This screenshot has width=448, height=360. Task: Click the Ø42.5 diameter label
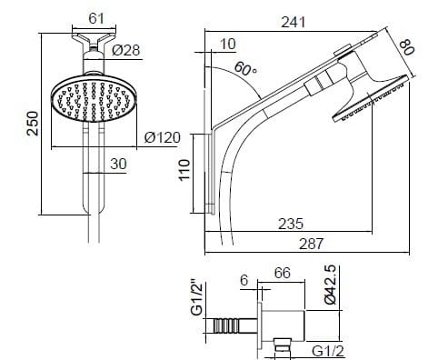(x=331, y=284)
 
